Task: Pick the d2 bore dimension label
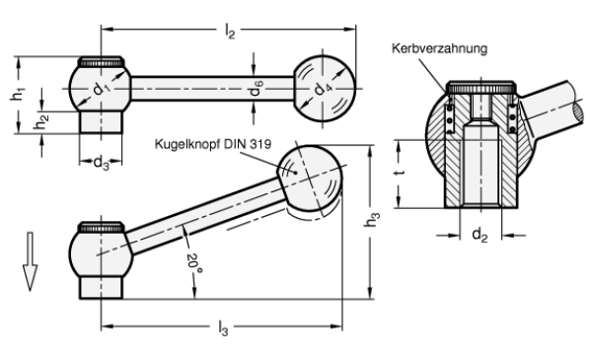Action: tap(480, 237)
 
